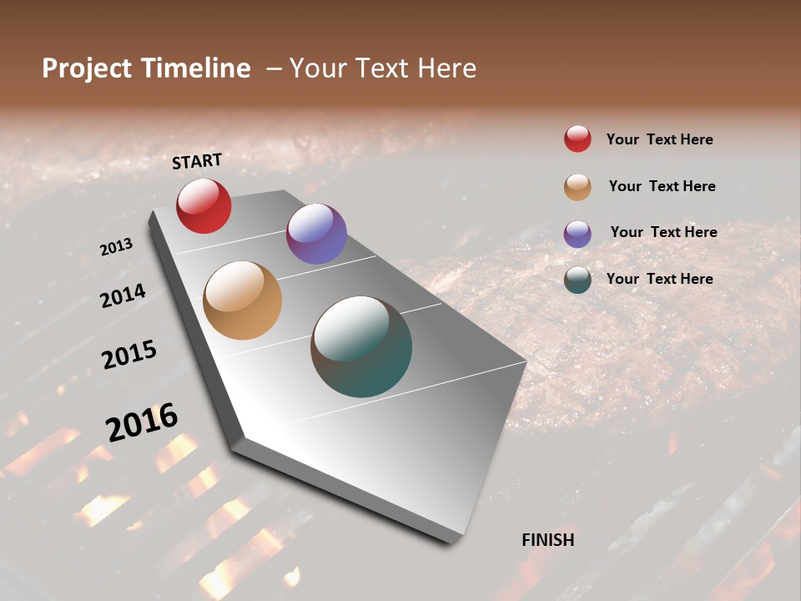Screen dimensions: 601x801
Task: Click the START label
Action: coord(197,160)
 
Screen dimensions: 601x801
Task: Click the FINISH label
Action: coord(547,540)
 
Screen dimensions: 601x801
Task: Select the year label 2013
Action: coord(116,247)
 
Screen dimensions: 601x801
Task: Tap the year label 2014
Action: coord(123,296)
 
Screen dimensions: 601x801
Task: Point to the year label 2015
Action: coord(129,356)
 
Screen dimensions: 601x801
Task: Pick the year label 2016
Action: coord(142,422)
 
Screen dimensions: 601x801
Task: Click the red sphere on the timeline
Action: coord(204,205)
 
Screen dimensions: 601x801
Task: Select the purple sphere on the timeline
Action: coord(316,234)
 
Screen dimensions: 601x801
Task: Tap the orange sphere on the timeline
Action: coord(242,300)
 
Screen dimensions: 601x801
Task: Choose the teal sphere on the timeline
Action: coord(361,346)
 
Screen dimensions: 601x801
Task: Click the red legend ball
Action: coord(577,139)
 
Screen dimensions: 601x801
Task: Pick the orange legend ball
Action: coord(577,187)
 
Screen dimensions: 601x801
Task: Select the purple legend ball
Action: coord(577,234)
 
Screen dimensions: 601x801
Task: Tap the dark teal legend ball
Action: coord(577,280)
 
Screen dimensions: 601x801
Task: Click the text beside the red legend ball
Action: coord(659,139)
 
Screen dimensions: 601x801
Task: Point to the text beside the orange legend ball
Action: coord(662,186)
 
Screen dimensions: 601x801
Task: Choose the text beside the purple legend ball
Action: coord(663,232)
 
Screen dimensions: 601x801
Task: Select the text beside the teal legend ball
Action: coord(659,279)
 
